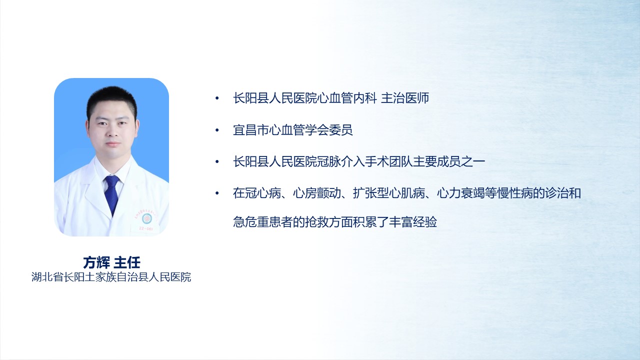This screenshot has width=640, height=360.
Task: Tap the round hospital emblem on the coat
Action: pos(147,218)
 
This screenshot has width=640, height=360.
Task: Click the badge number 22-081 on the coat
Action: pos(145,228)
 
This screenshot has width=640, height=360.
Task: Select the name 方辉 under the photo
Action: pos(96,262)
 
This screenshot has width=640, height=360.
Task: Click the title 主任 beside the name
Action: pos(127,262)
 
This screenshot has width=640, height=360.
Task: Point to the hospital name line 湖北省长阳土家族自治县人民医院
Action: pos(111,277)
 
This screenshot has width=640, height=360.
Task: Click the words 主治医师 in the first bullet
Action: pos(405,98)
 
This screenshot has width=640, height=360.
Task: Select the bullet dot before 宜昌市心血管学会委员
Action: pos(217,130)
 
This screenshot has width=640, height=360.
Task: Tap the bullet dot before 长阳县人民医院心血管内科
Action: pos(217,98)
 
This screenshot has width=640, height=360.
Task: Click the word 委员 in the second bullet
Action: pos(341,130)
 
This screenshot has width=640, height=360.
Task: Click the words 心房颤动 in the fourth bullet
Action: pos(317,193)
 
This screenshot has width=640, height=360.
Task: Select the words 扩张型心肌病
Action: pos(389,193)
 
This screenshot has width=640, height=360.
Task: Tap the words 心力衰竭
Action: pos(461,193)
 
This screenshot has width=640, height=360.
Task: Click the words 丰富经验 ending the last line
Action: pos(413,222)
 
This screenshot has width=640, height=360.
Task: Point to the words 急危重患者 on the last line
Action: pos(263,222)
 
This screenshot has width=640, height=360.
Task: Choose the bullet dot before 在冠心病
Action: pos(217,193)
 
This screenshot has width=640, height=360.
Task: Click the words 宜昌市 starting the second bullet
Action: pos(251,130)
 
